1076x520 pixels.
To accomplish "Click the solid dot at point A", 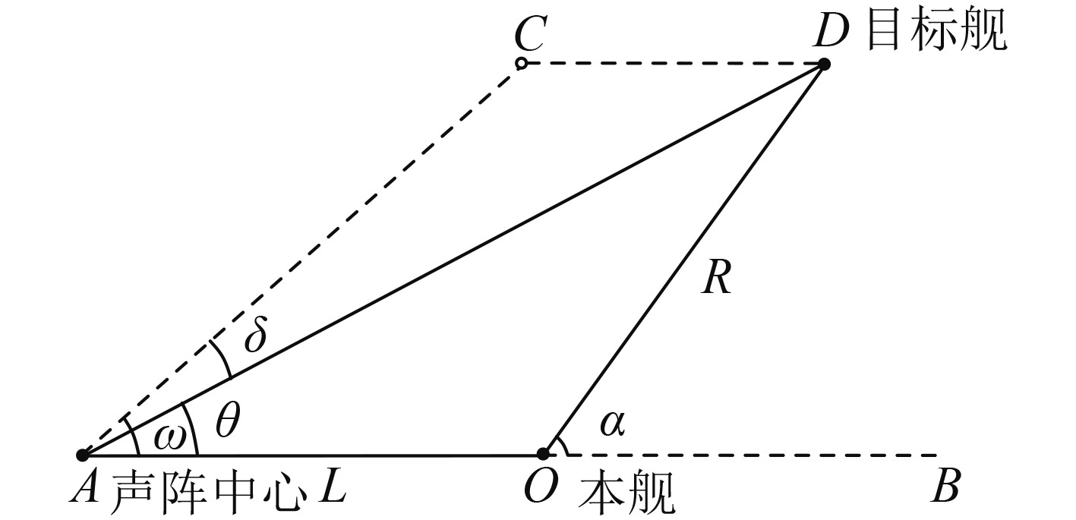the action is tap(82, 455).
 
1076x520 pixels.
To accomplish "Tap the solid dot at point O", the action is tap(543, 454).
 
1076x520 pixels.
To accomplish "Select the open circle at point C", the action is tap(521, 64).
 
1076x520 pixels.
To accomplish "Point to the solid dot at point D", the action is tap(824, 65).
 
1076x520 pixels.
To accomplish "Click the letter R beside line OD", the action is tap(716, 279).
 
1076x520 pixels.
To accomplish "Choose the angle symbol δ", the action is tap(255, 335).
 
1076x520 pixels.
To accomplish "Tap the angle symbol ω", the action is tap(169, 436).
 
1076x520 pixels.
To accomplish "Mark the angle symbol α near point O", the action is tap(611, 424).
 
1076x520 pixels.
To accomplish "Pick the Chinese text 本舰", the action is tap(626, 490).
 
